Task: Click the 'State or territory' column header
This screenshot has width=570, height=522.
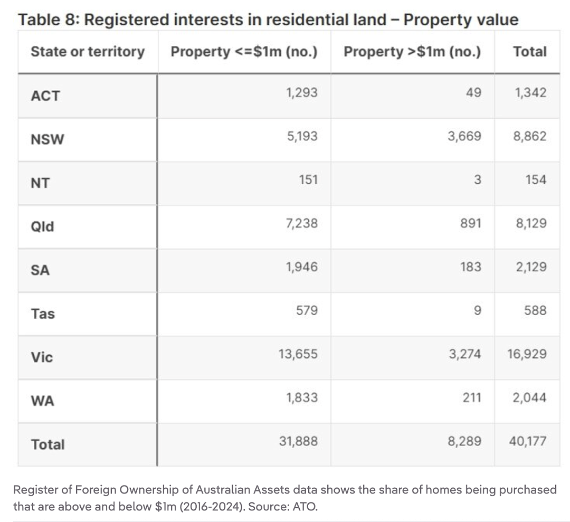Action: tap(88, 52)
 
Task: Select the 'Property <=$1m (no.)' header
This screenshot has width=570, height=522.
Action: tap(244, 52)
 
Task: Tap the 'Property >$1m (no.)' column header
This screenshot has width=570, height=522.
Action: tap(412, 52)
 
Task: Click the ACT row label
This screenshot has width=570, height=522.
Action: tap(45, 96)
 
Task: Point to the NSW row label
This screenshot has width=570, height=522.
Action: tap(47, 139)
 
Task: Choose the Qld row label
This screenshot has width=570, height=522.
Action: tap(43, 227)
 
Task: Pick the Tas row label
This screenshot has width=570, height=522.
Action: tap(43, 314)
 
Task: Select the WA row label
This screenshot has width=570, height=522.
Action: tap(43, 401)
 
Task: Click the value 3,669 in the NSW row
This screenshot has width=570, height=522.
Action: tap(464, 136)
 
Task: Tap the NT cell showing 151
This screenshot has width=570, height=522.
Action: tap(308, 179)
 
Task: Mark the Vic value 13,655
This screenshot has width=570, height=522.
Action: tap(298, 354)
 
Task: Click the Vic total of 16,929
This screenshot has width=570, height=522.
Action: tap(527, 354)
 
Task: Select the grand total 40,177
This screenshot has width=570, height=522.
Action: tap(527, 441)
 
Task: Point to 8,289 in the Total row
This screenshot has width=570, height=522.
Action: tap(464, 441)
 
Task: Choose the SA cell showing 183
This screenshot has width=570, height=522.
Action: tap(471, 267)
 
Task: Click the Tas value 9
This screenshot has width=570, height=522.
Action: tap(477, 310)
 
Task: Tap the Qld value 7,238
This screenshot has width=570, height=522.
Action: tap(302, 223)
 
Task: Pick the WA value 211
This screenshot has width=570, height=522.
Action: tap(472, 397)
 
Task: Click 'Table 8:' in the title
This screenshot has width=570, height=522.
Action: tap(49, 20)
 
